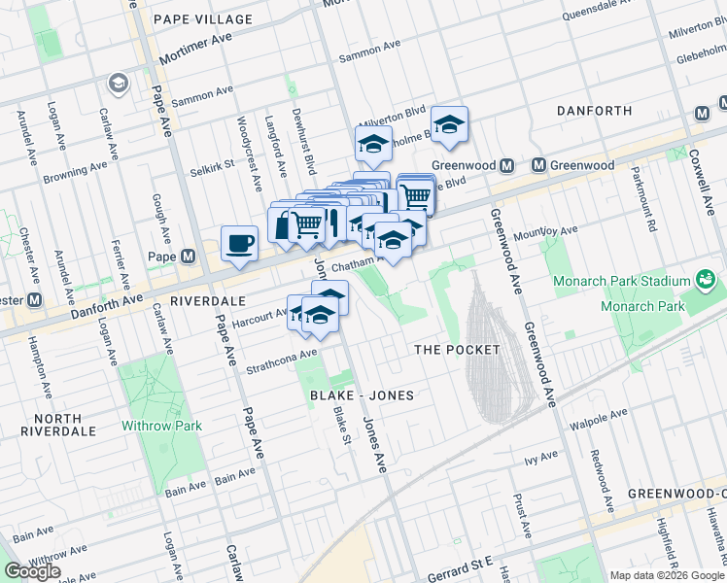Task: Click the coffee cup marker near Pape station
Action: (239, 244)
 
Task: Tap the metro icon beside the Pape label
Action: (188, 257)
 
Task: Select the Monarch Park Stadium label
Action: (614, 282)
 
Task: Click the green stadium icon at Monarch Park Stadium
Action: (707, 282)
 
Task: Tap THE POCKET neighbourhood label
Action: (457, 349)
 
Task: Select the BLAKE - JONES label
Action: (362, 395)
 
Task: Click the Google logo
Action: (32, 571)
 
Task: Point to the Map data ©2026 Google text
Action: (667, 575)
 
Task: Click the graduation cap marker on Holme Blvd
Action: (450, 124)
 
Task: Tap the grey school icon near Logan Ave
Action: (120, 84)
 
